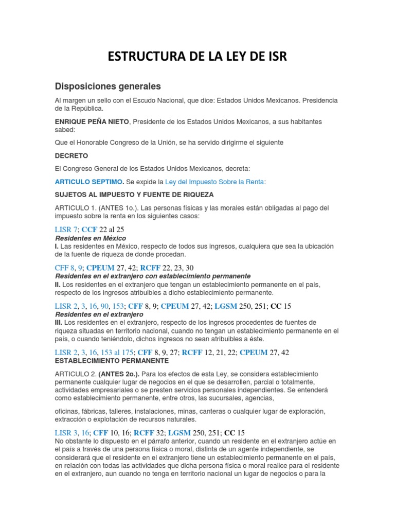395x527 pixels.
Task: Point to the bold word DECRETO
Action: [x=71, y=155]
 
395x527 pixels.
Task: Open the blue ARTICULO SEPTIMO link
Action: [x=89, y=182]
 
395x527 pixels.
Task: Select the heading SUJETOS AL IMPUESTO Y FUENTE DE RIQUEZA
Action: [x=134, y=195]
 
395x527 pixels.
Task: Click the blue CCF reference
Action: [x=89, y=230]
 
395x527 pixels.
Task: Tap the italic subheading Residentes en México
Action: [x=90, y=239]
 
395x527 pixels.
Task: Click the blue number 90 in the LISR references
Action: [x=104, y=306]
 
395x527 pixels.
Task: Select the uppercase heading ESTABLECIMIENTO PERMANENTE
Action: [x=113, y=361]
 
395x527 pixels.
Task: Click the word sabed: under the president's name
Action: [x=65, y=130]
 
